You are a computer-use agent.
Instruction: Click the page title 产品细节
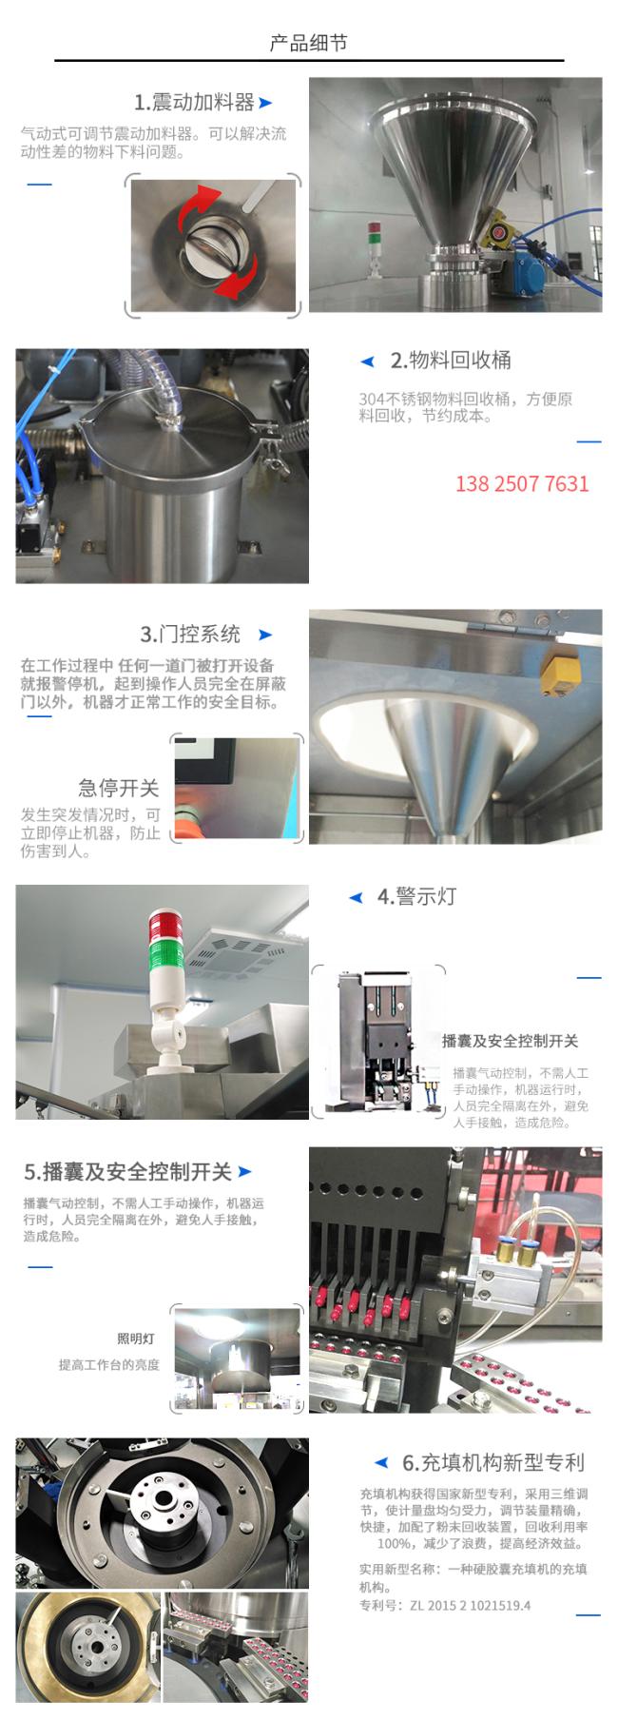[308, 43]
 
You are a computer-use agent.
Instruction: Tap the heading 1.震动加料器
[194, 102]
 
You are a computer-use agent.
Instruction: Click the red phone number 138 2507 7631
[522, 483]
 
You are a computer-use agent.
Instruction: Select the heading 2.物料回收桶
[451, 360]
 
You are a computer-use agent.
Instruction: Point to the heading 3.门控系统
[190, 634]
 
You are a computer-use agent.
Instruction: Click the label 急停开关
[119, 788]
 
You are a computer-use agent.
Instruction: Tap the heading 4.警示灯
[416, 896]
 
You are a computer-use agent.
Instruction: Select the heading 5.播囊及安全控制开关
[128, 1171]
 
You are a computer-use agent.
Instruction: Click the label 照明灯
[136, 1339]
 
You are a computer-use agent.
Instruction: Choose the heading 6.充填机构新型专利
[493, 1462]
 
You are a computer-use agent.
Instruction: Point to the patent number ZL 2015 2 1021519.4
[471, 1605]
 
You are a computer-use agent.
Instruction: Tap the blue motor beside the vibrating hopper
[528, 267]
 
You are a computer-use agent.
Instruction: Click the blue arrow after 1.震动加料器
[265, 103]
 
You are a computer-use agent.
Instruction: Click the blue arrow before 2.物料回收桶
[367, 362]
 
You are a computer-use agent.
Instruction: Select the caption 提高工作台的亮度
[109, 1364]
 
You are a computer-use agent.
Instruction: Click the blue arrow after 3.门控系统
[265, 635]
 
